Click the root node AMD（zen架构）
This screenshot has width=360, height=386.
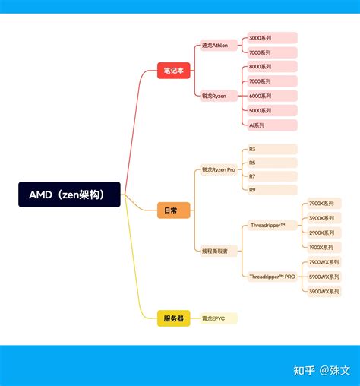[70, 195]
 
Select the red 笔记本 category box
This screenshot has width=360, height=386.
[174, 70]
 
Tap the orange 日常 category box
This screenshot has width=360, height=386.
[174, 210]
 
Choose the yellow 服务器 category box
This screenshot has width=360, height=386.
[174, 318]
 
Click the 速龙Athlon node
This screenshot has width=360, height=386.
[220, 46]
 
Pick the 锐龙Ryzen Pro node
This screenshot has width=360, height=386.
[220, 169]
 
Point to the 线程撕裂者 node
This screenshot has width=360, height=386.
[220, 251]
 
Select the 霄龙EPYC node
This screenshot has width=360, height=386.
[219, 318]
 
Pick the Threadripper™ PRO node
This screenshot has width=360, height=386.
[272, 277]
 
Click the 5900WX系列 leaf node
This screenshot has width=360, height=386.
[324, 277]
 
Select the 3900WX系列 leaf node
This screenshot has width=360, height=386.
[324, 291]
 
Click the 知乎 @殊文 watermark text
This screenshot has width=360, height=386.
[322, 370]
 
